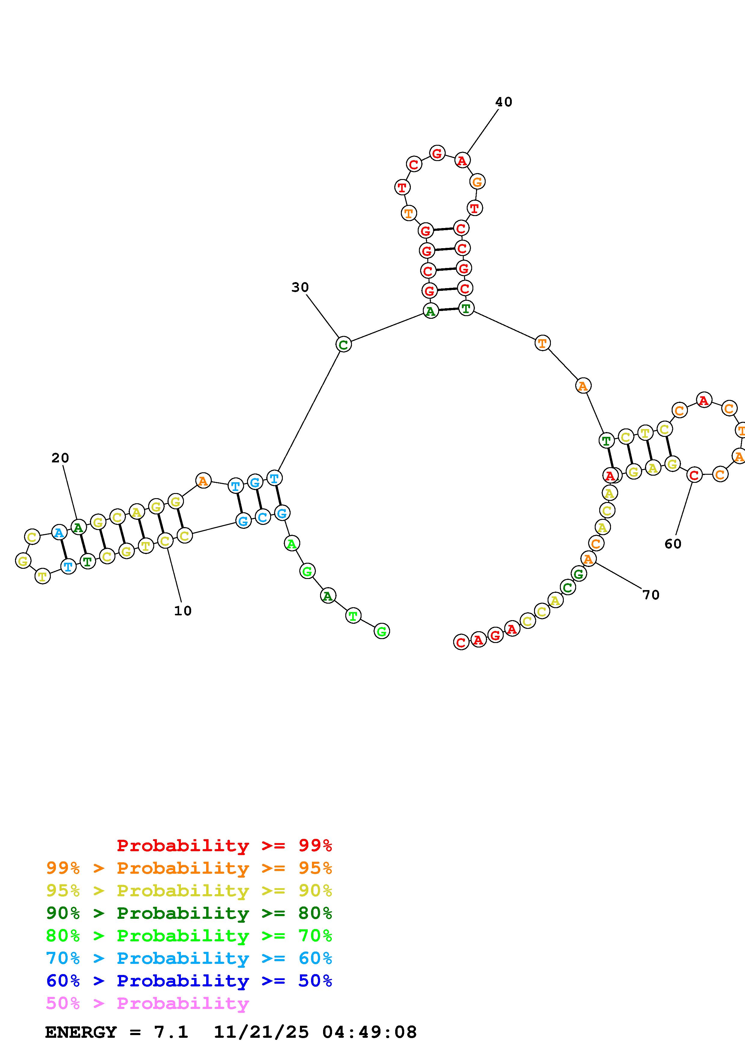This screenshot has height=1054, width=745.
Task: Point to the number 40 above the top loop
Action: pos(504,102)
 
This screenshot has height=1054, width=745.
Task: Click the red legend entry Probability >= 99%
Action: pos(224,845)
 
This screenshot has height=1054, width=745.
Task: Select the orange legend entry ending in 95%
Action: pos(189,868)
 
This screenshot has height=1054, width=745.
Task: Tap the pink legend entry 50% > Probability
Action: pos(148,1004)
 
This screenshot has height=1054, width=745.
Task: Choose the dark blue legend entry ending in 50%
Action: pos(189,981)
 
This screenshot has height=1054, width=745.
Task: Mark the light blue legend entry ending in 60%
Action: pos(189,958)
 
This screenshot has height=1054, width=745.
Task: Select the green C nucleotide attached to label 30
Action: pos(343,344)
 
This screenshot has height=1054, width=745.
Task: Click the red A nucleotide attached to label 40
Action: pos(462,161)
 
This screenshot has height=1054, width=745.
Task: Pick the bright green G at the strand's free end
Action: pos(381,631)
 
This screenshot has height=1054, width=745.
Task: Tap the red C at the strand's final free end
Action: pos(461,642)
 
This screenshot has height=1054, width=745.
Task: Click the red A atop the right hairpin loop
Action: pos(704,400)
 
